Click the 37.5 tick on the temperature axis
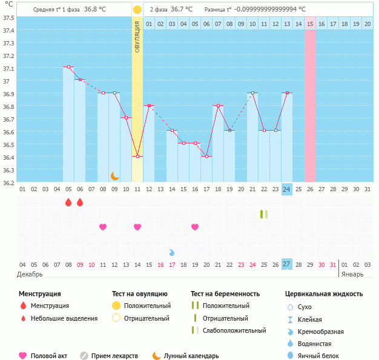[x=8, y=18]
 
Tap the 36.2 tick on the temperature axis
[x=8, y=183]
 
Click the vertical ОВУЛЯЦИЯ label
[x=137, y=36]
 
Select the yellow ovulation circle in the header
[x=137, y=10]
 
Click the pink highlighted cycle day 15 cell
[x=310, y=24]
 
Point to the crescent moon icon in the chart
[x=114, y=176]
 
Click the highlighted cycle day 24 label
[x=287, y=189]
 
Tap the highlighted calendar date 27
[x=287, y=264]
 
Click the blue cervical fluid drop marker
[x=172, y=252]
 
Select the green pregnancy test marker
[x=264, y=214]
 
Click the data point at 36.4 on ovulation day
[x=137, y=157]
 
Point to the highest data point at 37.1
[x=68, y=67]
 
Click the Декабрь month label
[x=30, y=274]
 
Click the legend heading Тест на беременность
[x=225, y=293]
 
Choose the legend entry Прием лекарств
[x=114, y=356]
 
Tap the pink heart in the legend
[x=24, y=356]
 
